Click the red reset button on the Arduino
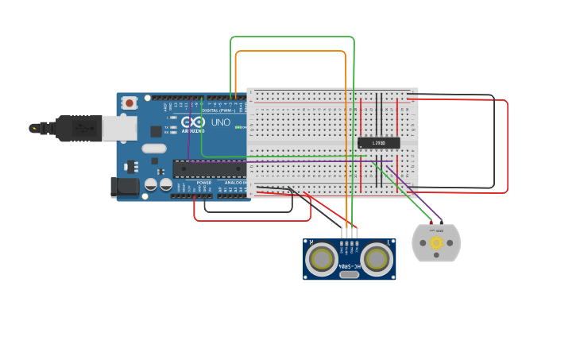click(129, 103)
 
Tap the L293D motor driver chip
click(379, 143)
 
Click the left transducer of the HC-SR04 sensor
click(322, 258)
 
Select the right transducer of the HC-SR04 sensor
click(377, 258)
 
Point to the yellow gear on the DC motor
click(436, 243)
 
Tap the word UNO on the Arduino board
click(220, 122)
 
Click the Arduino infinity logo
click(192, 122)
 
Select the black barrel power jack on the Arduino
click(126, 187)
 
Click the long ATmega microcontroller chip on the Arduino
click(210, 168)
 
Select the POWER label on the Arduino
click(204, 182)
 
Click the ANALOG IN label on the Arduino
click(234, 182)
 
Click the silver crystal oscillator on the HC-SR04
click(349, 275)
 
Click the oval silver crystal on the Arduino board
click(154, 148)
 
